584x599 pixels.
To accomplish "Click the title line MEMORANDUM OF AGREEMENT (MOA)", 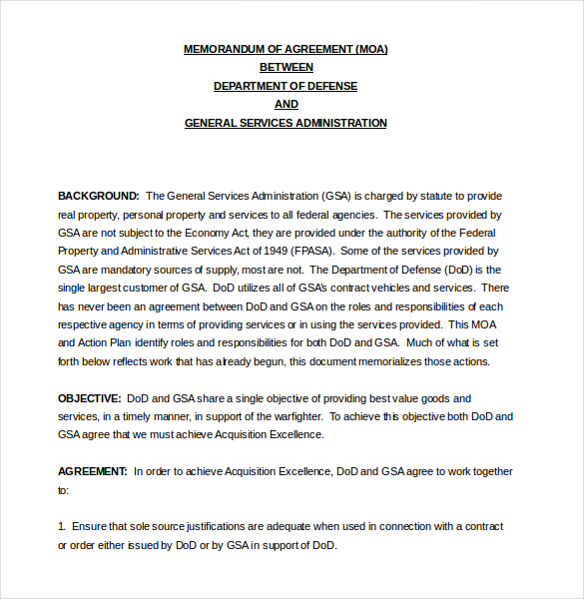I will [x=286, y=49].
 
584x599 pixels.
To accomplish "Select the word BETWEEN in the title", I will [x=287, y=68].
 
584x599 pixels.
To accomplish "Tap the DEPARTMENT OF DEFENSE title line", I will [x=286, y=86].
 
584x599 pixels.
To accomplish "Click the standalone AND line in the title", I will [x=287, y=105].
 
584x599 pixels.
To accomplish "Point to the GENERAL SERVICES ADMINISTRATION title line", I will [x=286, y=124].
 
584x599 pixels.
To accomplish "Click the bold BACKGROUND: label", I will [x=98, y=196].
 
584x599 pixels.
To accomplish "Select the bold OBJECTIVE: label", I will [x=90, y=398].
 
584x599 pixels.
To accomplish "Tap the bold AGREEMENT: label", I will [x=93, y=471].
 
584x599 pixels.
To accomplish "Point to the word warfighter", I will [x=292, y=416].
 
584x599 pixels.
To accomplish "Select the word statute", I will [x=418, y=196].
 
